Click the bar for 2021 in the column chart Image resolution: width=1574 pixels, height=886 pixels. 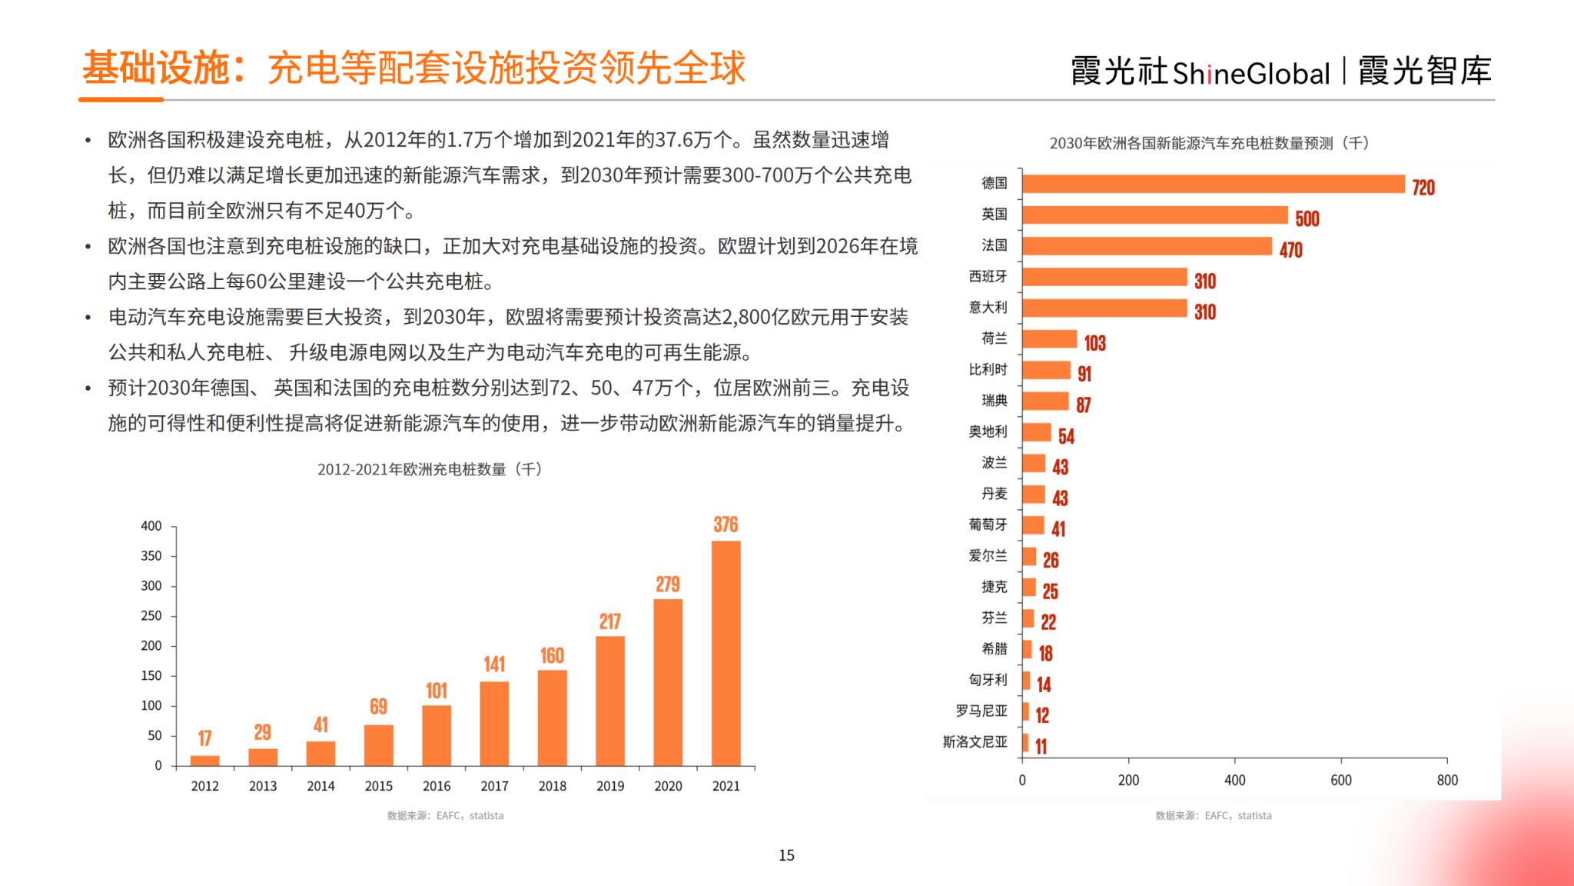point(726,653)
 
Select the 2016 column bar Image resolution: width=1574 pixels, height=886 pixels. point(437,735)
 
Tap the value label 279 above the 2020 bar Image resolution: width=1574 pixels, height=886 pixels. point(667,585)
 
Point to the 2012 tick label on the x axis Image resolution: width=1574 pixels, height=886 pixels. point(204,786)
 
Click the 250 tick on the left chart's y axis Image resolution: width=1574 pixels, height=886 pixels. point(151,616)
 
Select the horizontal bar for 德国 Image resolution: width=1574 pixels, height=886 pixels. point(1213,184)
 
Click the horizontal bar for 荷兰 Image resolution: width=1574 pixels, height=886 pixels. point(1049,339)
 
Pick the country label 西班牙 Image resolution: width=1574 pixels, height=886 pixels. point(988,276)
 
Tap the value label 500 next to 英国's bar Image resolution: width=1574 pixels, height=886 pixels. point(1307,219)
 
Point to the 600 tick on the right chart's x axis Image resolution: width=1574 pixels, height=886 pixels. point(1340,781)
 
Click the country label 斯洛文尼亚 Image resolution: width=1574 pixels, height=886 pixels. point(975,742)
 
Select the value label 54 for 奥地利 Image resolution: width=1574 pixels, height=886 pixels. point(1066,437)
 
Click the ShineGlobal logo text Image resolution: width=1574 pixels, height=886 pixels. point(1250,73)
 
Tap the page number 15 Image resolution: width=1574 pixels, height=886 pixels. point(786,855)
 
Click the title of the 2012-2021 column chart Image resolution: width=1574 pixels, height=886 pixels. point(430,469)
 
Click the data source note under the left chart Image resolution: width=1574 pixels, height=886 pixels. point(445,816)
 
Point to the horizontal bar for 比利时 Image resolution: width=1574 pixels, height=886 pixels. point(1046,371)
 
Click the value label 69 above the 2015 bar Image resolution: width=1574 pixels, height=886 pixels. point(378,707)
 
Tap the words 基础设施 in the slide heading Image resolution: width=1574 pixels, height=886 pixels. point(156,68)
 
